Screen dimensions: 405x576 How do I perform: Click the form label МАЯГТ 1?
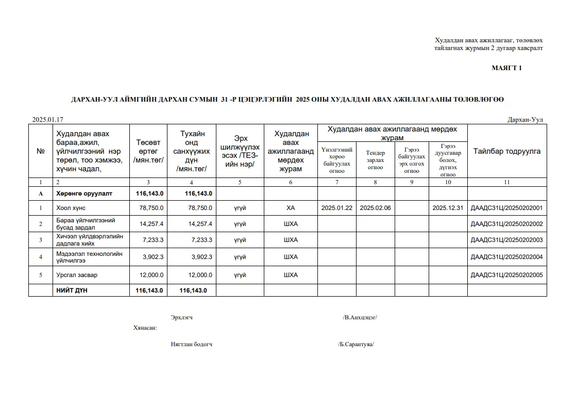pos(506,68)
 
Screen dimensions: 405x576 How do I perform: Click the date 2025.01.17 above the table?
pos(48,119)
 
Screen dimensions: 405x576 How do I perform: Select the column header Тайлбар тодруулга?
pos(506,152)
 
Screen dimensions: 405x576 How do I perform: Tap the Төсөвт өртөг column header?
pos(148,152)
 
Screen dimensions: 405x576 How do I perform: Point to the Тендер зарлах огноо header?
pos(375,160)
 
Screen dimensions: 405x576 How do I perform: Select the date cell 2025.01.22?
pos(336,208)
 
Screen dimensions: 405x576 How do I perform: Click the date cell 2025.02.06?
pos(375,208)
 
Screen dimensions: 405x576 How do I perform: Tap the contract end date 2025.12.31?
pos(448,208)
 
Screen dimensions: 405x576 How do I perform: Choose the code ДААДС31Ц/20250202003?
pos(506,240)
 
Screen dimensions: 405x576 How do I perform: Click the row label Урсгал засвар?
pos(77,275)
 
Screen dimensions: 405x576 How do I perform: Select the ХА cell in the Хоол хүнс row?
pos(291,208)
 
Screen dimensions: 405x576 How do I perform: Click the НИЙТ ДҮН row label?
pos(72,290)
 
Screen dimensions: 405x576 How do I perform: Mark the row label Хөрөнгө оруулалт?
pos(84,193)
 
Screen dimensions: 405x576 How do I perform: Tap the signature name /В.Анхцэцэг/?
pos(360,317)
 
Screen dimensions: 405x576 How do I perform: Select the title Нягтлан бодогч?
pos(191,344)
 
